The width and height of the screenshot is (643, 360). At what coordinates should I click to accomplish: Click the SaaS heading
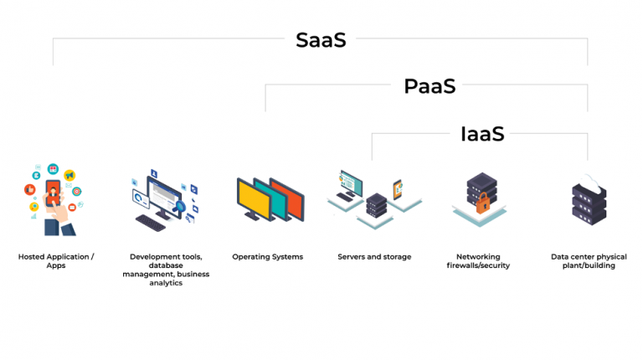[x=321, y=40]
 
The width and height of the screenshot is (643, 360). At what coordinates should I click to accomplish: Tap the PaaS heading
[x=430, y=86]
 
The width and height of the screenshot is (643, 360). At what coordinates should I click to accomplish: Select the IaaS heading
[x=482, y=134]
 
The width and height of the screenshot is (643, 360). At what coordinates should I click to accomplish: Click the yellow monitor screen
[x=255, y=200]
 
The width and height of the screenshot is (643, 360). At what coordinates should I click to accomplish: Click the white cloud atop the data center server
[x=589, y=183]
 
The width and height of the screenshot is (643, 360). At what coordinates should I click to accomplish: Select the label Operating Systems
[x=267, y=257]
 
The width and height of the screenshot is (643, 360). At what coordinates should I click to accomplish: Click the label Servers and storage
[x=374, y=257]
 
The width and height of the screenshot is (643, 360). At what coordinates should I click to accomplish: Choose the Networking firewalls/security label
[x=478, y=261]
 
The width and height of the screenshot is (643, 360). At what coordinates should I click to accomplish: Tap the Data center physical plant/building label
[x=589, y=261]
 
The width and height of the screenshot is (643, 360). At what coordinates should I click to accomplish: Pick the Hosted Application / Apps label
[x=56, y=261]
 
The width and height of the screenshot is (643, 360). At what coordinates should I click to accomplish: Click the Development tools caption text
[x=166, y=270]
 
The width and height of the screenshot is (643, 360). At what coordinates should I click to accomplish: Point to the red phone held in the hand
[x=53, y=193]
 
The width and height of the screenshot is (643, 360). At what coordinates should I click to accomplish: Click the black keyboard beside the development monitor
[x=151, y=223]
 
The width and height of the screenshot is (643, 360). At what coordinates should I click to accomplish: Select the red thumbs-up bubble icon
[x=30, y=189]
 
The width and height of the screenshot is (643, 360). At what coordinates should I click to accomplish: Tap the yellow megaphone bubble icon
[x=69, y=175]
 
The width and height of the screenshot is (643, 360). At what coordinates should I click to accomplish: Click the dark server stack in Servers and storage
[x=377, y=205]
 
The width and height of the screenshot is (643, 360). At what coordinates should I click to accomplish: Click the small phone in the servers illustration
[x=398, y=189]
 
